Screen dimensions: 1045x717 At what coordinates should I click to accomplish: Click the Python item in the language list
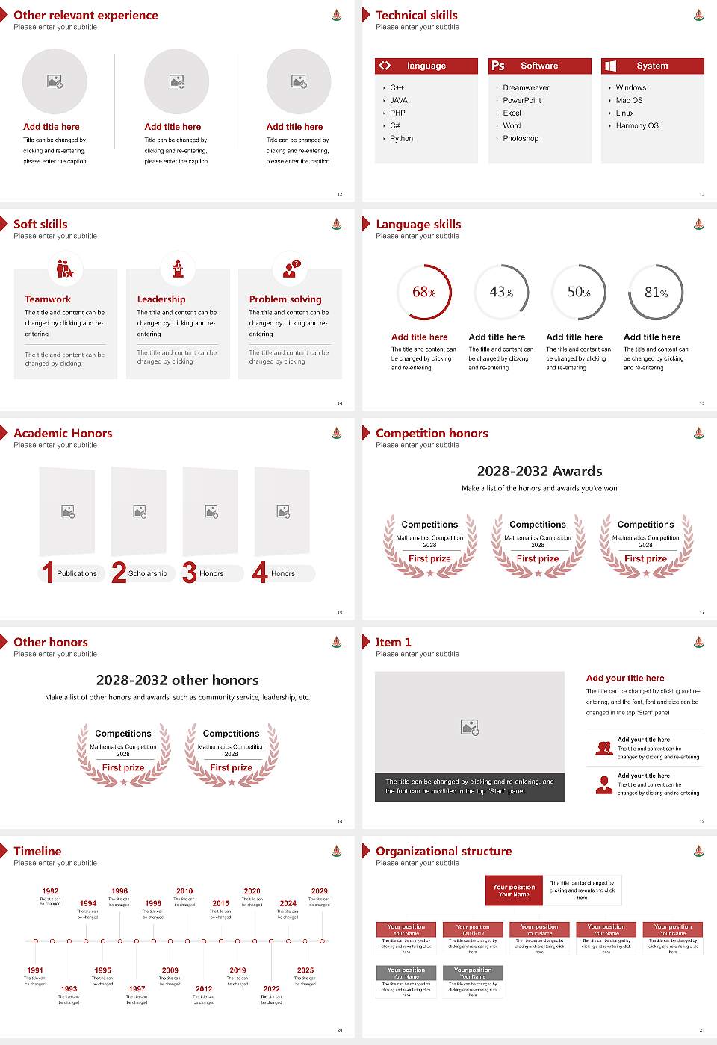coord(401,139)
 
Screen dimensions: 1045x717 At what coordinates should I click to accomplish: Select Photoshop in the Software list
coord(521,139)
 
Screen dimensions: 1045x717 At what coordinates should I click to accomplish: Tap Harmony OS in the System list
coord(637,126)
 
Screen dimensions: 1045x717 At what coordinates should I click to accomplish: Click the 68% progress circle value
coord(424,293)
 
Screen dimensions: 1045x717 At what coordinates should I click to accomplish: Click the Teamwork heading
coord(48,299)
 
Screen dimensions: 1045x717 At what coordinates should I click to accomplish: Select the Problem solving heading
coord(285,299)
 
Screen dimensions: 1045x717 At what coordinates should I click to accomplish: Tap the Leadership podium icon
coord(178,269)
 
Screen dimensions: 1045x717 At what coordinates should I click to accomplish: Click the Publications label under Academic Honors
coord(77,574)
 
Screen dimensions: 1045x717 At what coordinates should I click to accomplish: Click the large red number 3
coord(190,573)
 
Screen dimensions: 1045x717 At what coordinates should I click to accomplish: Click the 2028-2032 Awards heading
coord(539,472)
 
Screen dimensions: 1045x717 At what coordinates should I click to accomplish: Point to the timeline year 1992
coord(50,891)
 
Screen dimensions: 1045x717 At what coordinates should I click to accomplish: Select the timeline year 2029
coord(320,891)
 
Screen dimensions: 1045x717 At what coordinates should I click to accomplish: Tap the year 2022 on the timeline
coord(272,989)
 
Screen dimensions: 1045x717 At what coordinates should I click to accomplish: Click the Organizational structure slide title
coord(444,852)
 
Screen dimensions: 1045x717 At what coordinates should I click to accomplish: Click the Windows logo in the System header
coord(611,66)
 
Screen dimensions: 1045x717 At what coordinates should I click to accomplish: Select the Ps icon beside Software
coord(498,66)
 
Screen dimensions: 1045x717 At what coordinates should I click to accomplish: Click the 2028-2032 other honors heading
coord(178,681)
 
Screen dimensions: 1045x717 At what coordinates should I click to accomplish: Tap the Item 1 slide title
coord(394,643)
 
